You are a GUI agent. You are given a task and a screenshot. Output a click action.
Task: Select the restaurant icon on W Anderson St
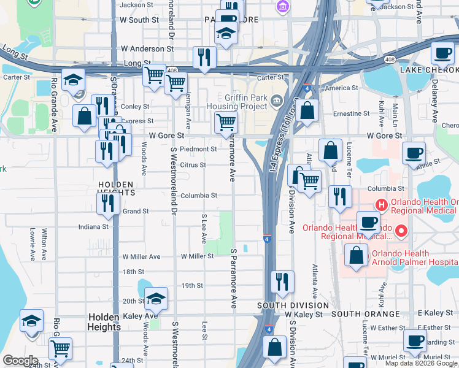202,58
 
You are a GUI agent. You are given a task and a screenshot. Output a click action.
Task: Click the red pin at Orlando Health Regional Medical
401,231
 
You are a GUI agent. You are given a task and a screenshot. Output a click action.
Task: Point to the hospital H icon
380,204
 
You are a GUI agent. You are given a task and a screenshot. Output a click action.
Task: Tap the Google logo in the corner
20,360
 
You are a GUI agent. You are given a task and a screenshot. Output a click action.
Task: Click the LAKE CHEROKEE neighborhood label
429,71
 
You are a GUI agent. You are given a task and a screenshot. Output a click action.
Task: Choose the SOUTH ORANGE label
365,314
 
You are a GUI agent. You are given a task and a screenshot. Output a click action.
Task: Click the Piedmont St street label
198,148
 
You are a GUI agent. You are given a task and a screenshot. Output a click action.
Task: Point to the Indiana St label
93,227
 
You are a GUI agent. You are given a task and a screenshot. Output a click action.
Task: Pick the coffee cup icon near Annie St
414,153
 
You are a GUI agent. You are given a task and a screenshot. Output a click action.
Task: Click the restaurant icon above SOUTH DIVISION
282,282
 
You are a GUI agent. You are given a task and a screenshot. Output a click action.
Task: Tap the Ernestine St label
351,113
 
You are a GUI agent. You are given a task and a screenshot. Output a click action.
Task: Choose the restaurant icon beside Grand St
109,203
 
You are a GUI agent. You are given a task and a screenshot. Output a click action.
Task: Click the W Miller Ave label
141,256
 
